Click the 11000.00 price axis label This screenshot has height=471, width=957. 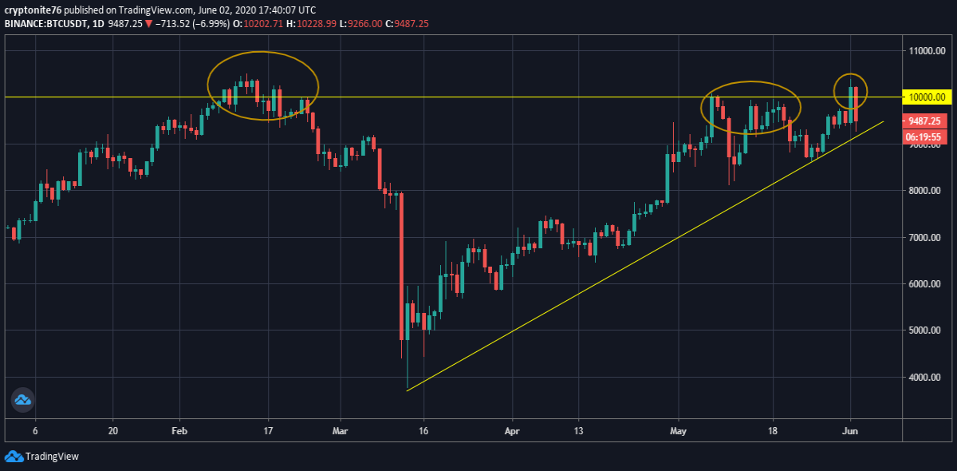[x=927, y=51]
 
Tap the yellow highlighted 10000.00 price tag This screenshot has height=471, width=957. [x=927, y=97]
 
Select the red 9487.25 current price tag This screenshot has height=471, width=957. [x=924, y=121]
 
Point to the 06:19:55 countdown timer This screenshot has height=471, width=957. [x=924, y=137]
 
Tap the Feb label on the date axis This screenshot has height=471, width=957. [x=179, y=431]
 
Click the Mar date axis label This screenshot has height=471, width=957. [x=340, y=431]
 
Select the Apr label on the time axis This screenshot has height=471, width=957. [x=512, y=431]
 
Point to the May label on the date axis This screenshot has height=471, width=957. [x=678, y=431]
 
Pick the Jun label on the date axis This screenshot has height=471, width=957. [x=850, y=431]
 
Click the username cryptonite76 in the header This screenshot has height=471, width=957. [x=33, y=10]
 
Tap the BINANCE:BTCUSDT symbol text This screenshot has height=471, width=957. [x=46, y=23]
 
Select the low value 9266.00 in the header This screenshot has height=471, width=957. [x=365, y=23]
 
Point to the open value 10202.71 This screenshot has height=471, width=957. [x=263, y=23]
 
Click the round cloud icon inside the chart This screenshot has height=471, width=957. [x=22, y=400]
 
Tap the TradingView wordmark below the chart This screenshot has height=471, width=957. [x=52, y=457]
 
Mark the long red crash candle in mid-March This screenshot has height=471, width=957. [x=402, y=266]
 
